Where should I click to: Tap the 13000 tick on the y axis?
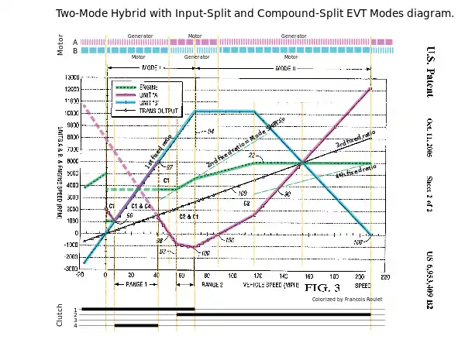tap(71, 77)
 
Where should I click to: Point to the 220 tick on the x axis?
tap(385, 276)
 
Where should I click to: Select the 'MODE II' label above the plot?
tap(286, 69)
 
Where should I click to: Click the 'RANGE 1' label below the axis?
tap(136, 285)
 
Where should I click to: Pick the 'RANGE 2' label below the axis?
tap(212, 285)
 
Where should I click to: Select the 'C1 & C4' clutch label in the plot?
tap(141, 206)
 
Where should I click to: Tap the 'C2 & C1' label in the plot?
tap(189, 217)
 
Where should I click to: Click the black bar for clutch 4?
tap(136, 325)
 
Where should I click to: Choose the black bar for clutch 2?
tap(279, 314)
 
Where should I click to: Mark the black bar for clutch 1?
tap(137, 309)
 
